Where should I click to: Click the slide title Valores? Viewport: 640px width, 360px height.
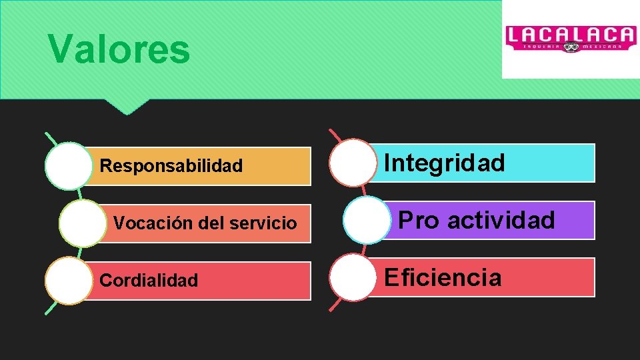pyautogui.click(x=119, y=49)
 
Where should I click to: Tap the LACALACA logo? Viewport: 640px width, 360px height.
pyautogui.click(x=570, y=39)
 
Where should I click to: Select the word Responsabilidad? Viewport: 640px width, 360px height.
pyautogui.click(x=171, y=166)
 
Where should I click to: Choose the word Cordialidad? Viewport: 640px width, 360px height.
pyautogui.click(x=149, y=281)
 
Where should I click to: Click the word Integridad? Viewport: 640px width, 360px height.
pyautogui.click(x=445, y=163)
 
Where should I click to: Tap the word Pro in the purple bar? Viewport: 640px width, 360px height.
pyautogui.click(x=419, y=220)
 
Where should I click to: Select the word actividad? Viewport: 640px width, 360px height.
pyautogui.click(x=501, y=220)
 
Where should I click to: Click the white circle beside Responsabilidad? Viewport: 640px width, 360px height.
pyautogui.click(x=69, y=166)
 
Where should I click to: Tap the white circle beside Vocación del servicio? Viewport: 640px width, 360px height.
pyautogui.click(x=82, y=223)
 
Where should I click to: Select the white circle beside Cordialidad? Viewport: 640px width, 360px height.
pyautogui.click(x=69, y=281)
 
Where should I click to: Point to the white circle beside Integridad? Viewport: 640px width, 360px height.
pyautogui.click(x=353, y=163)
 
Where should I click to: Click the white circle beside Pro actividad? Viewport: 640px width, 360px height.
pyautogui.click(x=367, y=220)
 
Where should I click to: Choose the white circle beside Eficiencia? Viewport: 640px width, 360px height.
pyautogui.click(x=353, y=277)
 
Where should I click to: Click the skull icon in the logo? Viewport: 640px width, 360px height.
pyautogui.click(x=571, y=47)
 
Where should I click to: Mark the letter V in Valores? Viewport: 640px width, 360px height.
pyautogui.click(x=61, y=49)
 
